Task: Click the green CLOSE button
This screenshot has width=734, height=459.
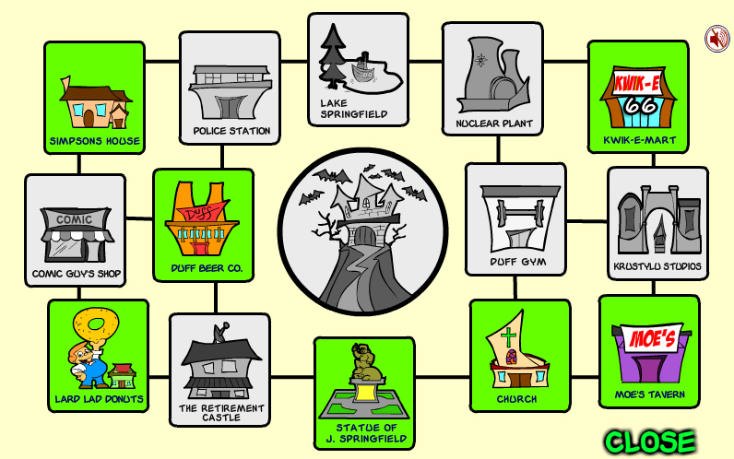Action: [x=650, y=441]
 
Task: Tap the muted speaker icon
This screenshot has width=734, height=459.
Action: [x=717, y=39]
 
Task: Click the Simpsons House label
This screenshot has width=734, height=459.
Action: [x=95, y=141]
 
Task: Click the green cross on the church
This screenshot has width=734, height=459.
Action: [x=508, y=337]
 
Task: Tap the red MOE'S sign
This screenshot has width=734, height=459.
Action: [x=652, y=337]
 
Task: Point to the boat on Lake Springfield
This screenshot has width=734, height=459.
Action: [x=362, y=70]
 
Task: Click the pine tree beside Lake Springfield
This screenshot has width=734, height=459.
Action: [x=332, y=56]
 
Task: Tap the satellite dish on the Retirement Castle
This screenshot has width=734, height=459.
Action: [x=220, y=331]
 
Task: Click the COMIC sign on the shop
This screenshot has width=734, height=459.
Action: [x=75, y=220]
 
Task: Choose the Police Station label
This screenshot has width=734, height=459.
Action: [x=231, y=131]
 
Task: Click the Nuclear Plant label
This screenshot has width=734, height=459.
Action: [x=494, y=124]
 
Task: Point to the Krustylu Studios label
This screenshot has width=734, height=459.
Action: [x=657, y=266]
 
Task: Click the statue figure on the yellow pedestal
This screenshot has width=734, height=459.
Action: [x=366, y=362]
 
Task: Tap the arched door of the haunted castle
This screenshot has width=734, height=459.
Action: [x=364, y=235]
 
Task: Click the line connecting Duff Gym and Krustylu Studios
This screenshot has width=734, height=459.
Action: [x=586, y=221]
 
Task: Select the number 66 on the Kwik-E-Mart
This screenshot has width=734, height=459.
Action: [x=640, y=106]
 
